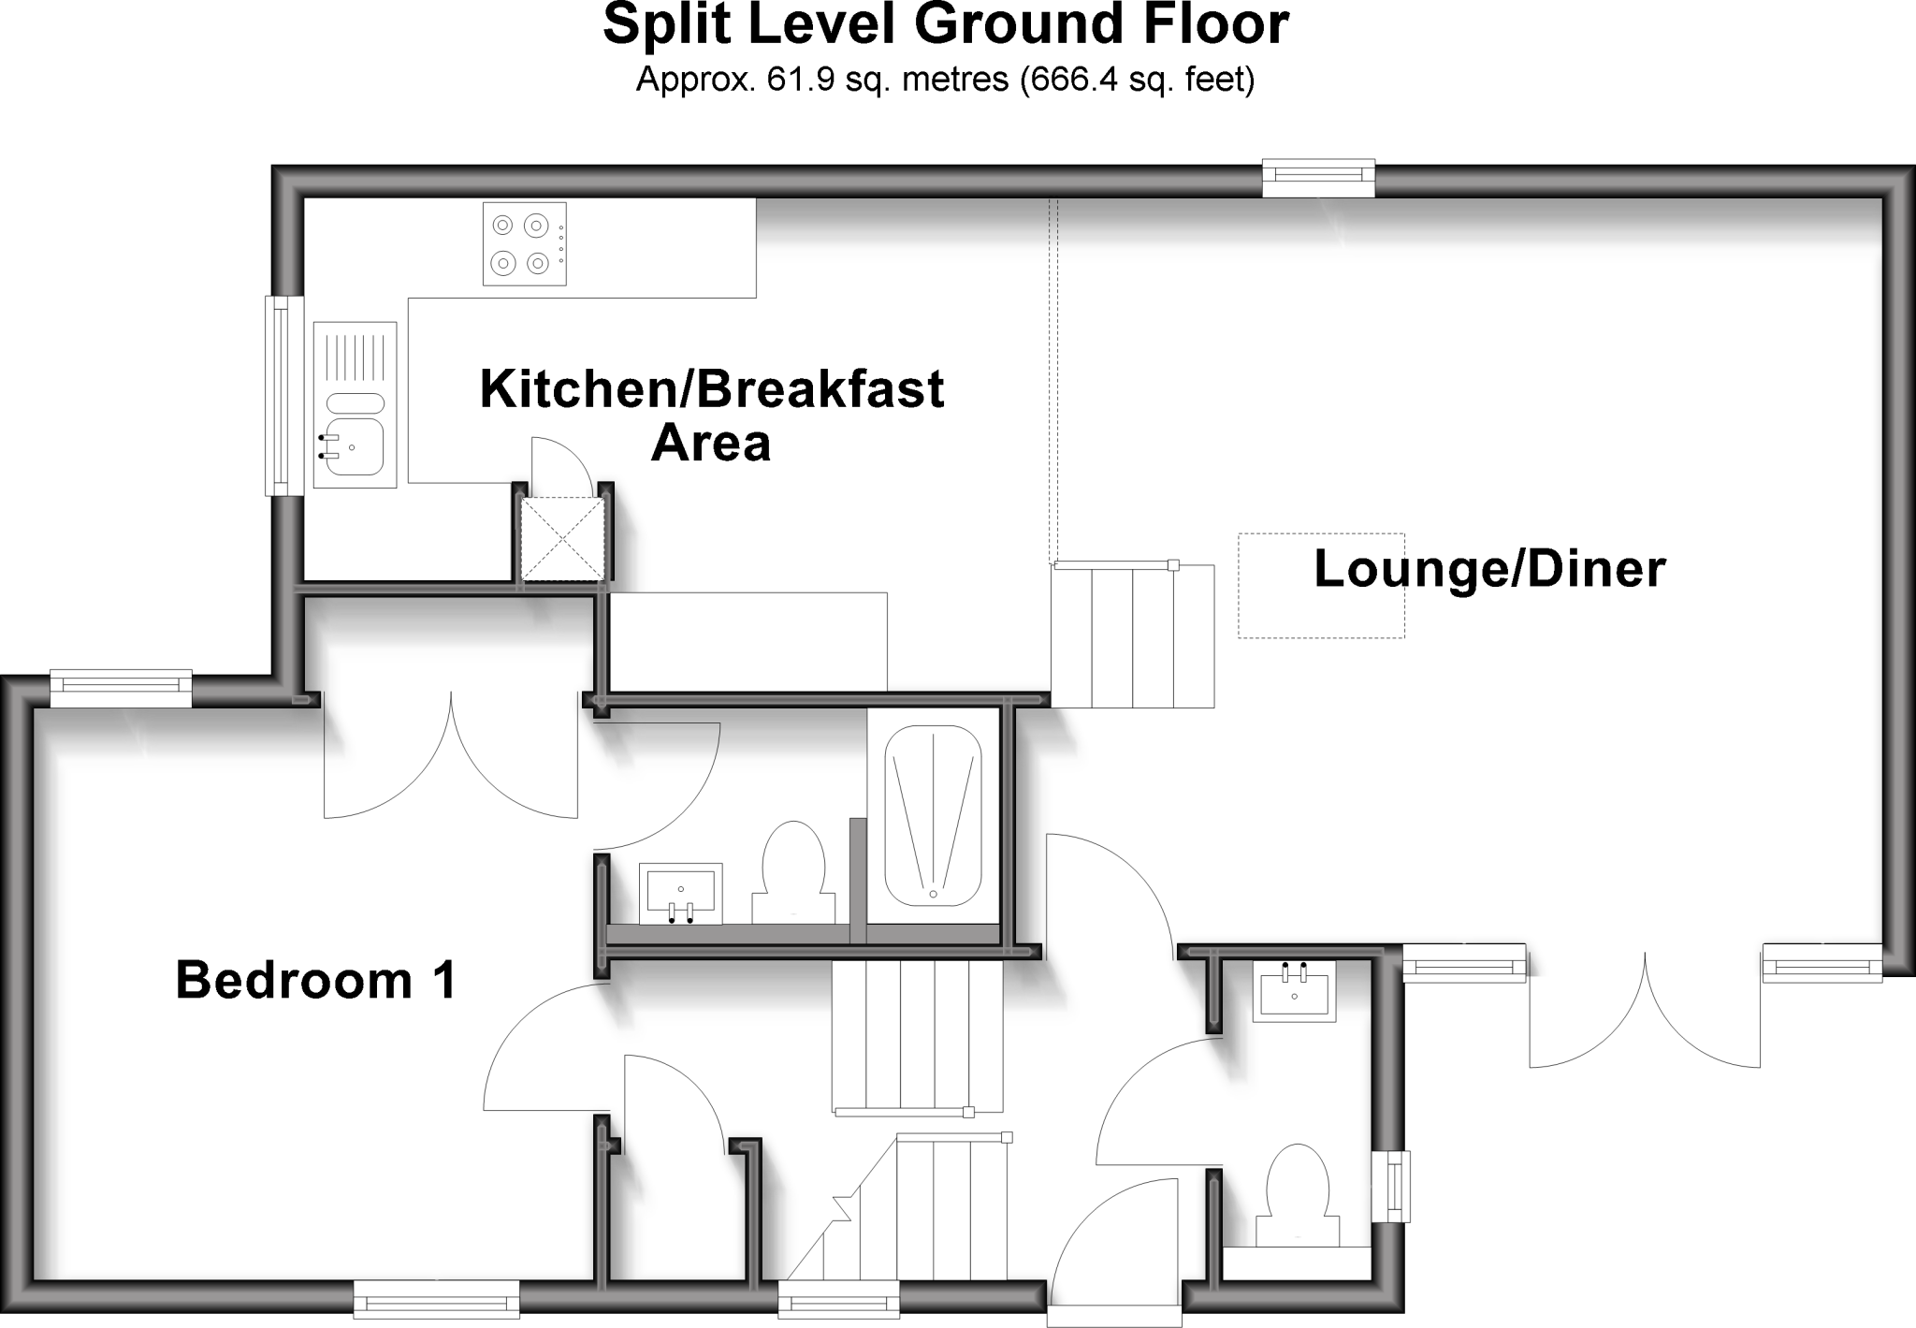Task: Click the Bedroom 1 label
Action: tap(316, 982)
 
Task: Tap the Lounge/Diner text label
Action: tap(1489, 570)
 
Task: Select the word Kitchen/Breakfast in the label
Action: tap(711, 389)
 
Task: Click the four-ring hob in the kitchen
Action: tap(525, 243)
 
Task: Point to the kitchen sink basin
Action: tap(355, 449)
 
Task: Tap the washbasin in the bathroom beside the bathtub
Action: tap(681, 892)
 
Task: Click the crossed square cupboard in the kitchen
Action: tap(561, 539)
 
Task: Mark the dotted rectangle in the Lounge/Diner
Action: tap(1321, 586)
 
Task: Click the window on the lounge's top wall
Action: tap(1318, 178)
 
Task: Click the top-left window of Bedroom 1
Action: tap(121, 688)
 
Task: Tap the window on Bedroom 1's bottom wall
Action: tap(435, 1299)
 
